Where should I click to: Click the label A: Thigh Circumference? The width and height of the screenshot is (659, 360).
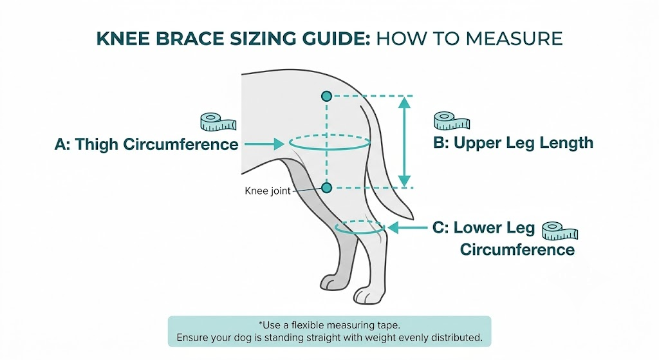pyautogui.click(x=147, y=144)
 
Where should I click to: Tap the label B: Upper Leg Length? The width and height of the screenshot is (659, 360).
pyautogui.click(x=513, y=142)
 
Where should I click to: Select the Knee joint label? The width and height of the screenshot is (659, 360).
pyautogui.click(x=268, y=191)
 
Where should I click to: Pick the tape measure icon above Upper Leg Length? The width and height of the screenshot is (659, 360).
pyautogui.click(x=451, y=120)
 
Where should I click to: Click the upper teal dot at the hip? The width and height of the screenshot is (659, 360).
pyautogui.click(x=326, y=96)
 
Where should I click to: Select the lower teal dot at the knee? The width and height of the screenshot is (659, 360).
pyautogui.click(x=326, y=187)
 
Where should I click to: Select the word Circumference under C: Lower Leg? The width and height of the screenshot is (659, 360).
pyautogui.click(x=517, y=249)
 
